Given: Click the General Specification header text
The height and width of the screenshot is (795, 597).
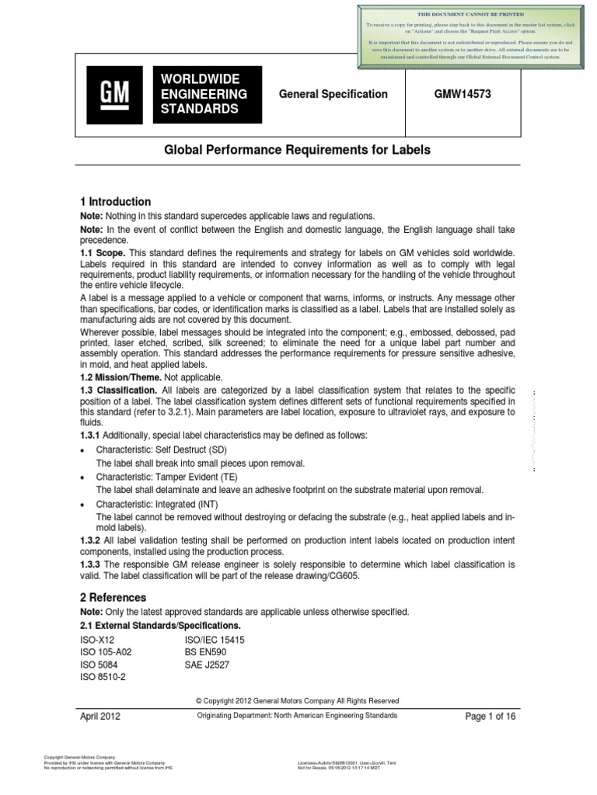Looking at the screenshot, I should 333,94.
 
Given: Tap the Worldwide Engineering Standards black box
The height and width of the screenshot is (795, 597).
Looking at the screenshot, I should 208,95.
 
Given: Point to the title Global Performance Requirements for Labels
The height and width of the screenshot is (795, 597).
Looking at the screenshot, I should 296,149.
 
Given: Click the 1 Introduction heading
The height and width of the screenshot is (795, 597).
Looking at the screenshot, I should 116,202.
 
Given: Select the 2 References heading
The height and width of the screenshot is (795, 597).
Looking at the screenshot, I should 113,598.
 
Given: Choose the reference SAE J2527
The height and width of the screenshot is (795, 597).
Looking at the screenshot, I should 207,665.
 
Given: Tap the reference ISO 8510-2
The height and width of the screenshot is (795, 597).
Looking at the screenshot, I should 103,677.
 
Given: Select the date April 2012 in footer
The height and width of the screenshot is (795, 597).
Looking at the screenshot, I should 100,717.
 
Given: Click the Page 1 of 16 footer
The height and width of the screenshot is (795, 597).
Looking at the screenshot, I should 490,717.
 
